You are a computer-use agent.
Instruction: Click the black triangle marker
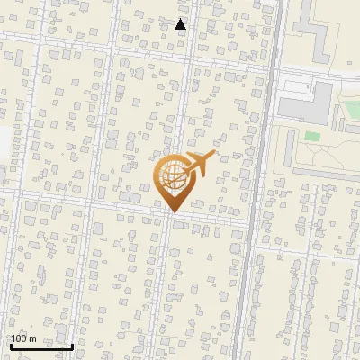(x=181, y=24)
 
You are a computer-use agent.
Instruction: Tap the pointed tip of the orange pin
(x=172, y=211)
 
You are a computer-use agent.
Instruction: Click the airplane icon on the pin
(x=201, y=164)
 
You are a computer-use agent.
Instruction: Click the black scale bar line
(x=41, y=346)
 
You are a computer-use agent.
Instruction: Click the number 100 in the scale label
(x=19, y=338)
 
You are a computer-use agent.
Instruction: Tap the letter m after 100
(x=32, y=338)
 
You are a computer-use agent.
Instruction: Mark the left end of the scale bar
(x=11, y=346)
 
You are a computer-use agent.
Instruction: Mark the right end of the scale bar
(x=72, y=346)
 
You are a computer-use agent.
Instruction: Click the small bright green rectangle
(x=312, y=137)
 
